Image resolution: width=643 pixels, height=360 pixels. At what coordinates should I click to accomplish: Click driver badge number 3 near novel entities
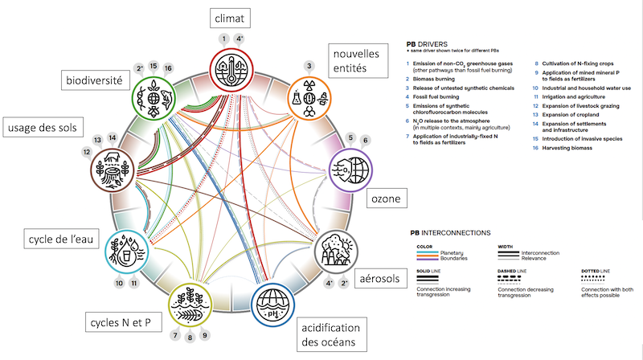tap(308, 64)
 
